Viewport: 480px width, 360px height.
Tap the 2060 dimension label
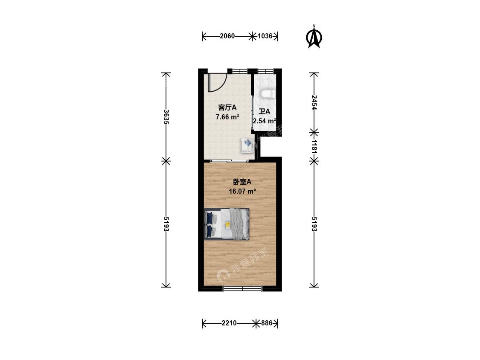point(227,36)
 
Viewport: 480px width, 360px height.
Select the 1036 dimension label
point(265,36)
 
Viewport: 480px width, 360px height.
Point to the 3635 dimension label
point(166,116)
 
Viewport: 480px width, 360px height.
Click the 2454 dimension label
point(314,102)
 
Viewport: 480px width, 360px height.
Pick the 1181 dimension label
point(314,146)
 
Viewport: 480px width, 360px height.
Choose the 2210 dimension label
point(229,323)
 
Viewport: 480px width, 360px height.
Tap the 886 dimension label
point(267,323)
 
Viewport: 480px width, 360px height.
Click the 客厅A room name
point(227,107)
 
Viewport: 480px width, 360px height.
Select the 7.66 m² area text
point(227,116)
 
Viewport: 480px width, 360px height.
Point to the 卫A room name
point(264,111)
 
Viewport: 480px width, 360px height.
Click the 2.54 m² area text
point(264,121)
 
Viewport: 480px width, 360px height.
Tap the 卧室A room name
point(242,182)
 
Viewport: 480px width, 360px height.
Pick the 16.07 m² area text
point(242,192)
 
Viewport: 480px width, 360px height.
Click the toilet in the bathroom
point(268,94)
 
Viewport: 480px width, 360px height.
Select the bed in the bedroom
point(227,224)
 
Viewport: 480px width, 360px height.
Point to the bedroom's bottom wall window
point(242,288)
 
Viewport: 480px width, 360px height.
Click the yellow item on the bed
point(227,225)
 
